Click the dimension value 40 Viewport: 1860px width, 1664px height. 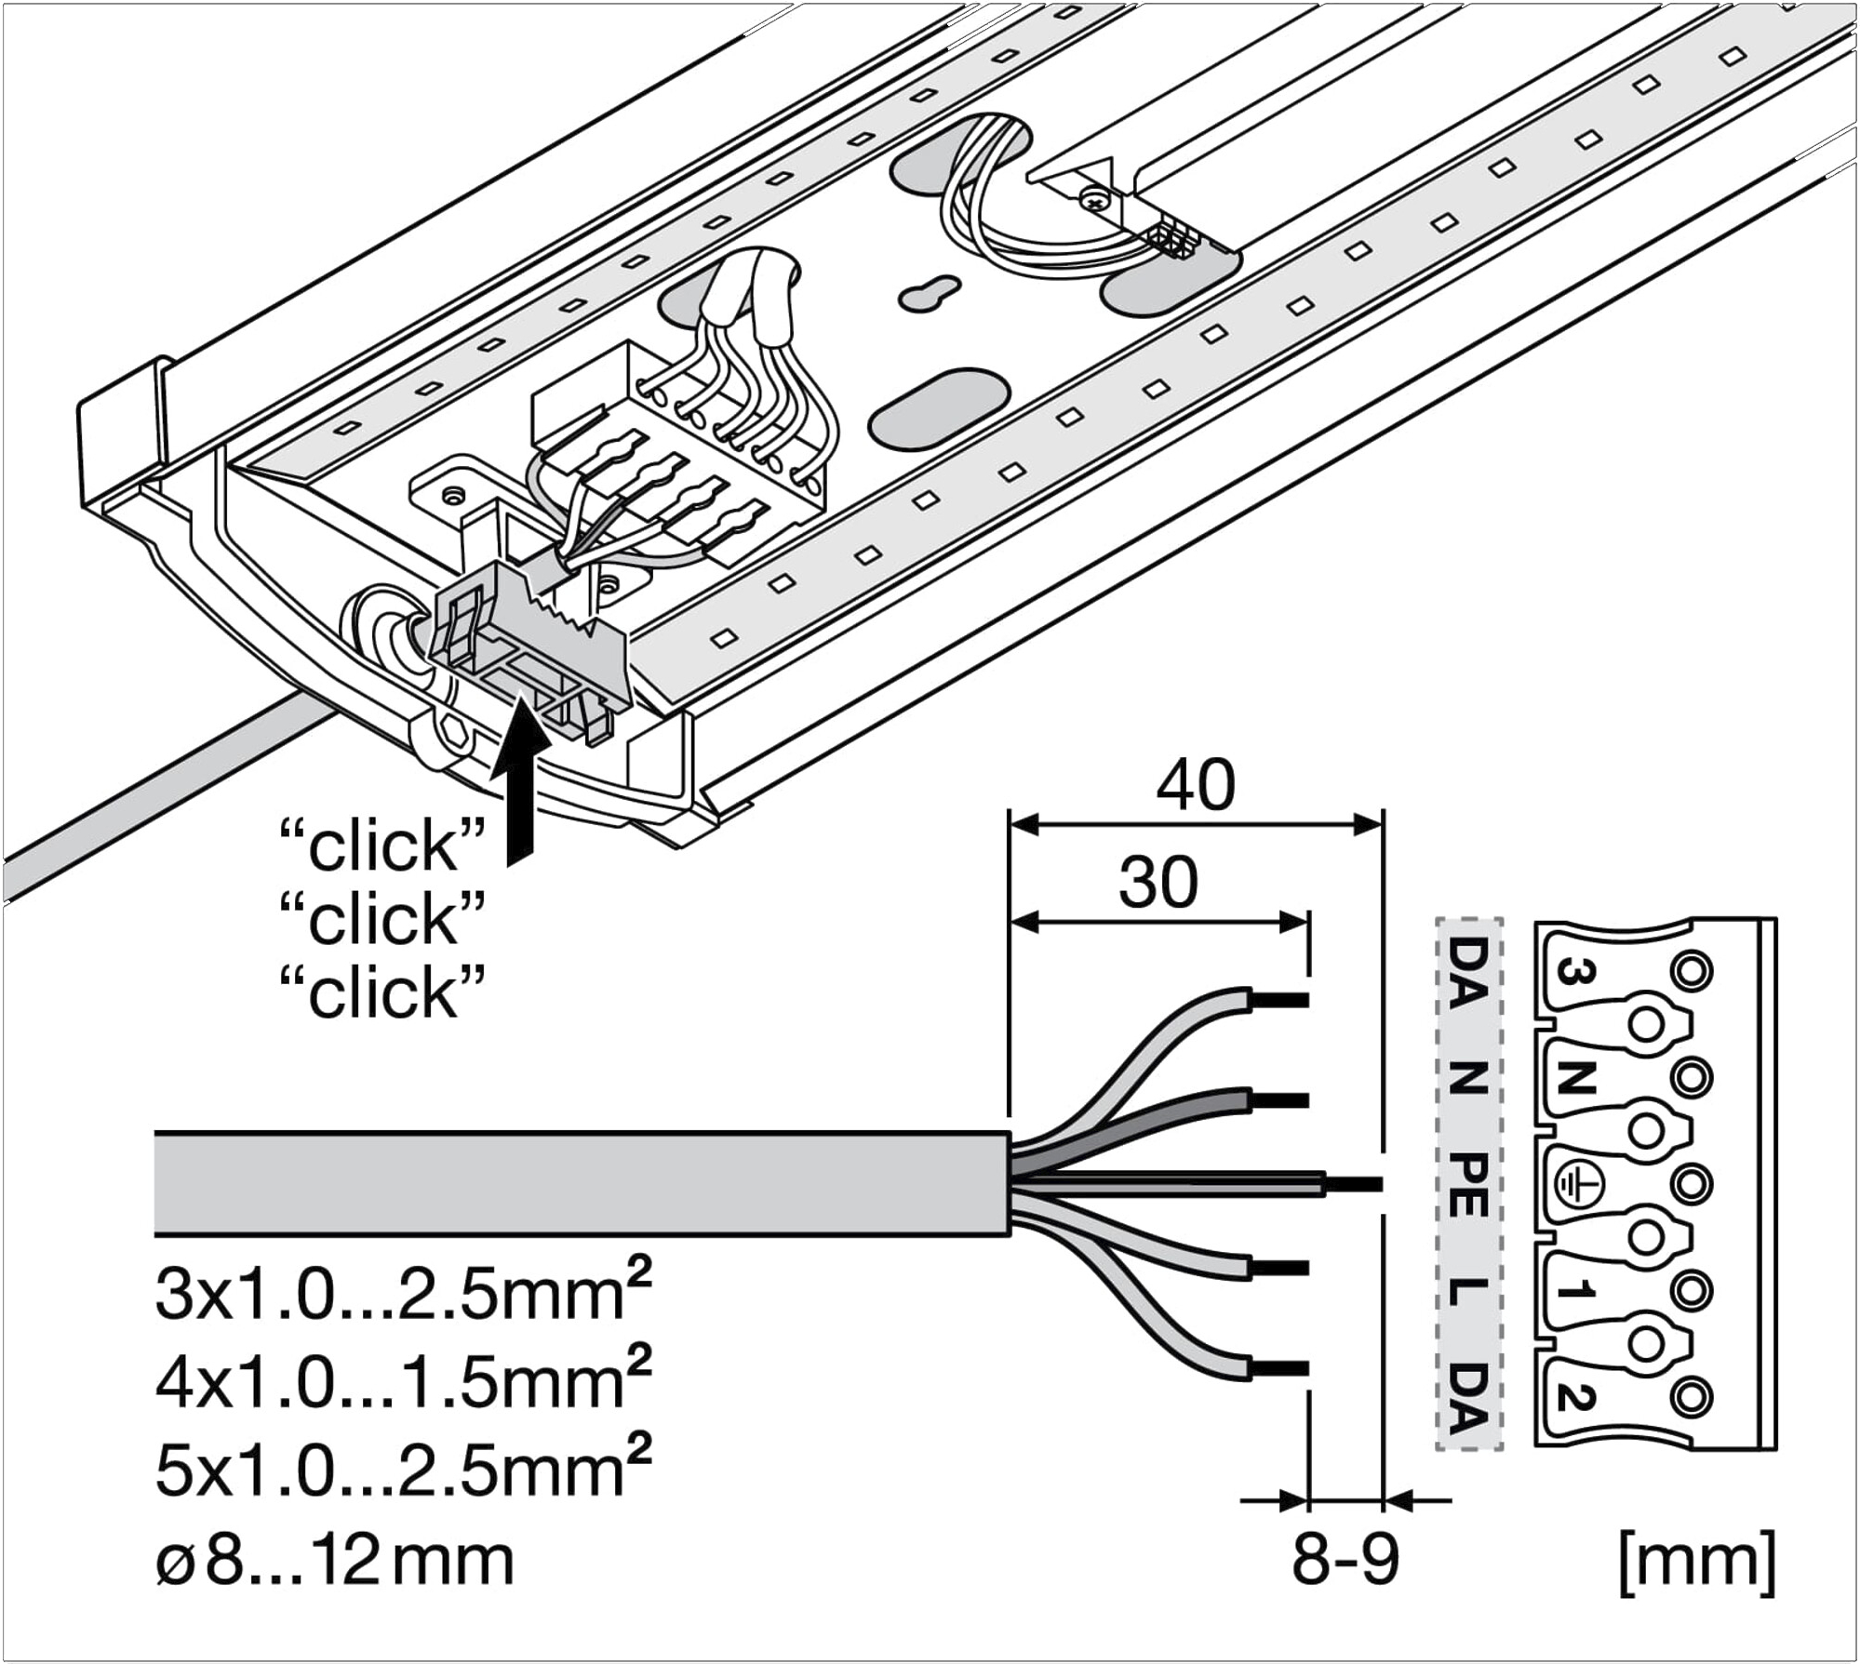click(x=1196, y=786)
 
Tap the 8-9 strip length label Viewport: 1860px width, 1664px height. click(x=1345, y=1559)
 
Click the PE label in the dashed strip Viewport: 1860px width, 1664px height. click(x=1467, y=1182)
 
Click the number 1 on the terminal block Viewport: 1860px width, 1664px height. click(x=1576, y=1291)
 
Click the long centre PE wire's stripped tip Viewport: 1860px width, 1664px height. click(x=1354, y=1184)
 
